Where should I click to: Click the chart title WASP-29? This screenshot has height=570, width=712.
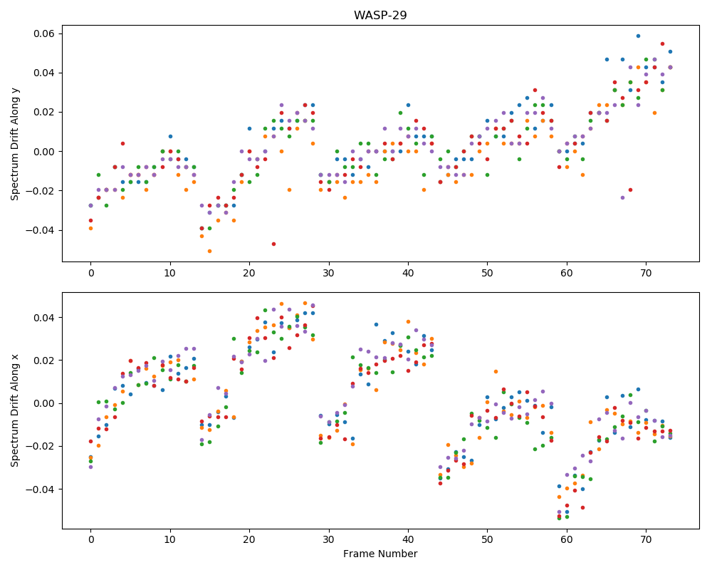pos(380,15)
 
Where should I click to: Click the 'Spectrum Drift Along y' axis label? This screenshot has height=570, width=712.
pos(15,144)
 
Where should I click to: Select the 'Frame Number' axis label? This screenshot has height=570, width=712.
pos(380,554)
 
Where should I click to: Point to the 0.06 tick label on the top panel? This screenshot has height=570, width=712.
pos(44,33)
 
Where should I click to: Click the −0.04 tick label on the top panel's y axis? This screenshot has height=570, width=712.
pos(41,230)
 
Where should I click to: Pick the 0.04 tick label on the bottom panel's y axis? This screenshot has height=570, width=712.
pos(44,317)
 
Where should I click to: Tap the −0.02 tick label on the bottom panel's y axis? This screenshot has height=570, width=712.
pos(41,446)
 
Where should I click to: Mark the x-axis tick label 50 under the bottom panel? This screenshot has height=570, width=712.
pos(487,539)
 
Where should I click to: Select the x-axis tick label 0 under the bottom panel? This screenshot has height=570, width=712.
pos(91,539)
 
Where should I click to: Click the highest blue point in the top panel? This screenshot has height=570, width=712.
pos(638,36)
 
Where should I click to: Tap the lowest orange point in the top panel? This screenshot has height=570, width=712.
pos(210,251)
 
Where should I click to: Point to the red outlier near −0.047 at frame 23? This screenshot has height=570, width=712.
pos(273,244)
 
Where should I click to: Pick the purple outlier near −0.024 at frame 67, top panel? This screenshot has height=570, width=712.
pos(622,198)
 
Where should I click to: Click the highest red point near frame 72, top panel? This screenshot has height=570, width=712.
pos(662,44)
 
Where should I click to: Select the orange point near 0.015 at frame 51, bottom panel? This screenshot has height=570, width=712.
pos(496,371)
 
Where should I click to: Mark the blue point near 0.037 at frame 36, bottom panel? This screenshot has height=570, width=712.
pos(377,325)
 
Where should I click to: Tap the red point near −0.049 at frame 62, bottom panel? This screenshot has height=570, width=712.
pos(582,507)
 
